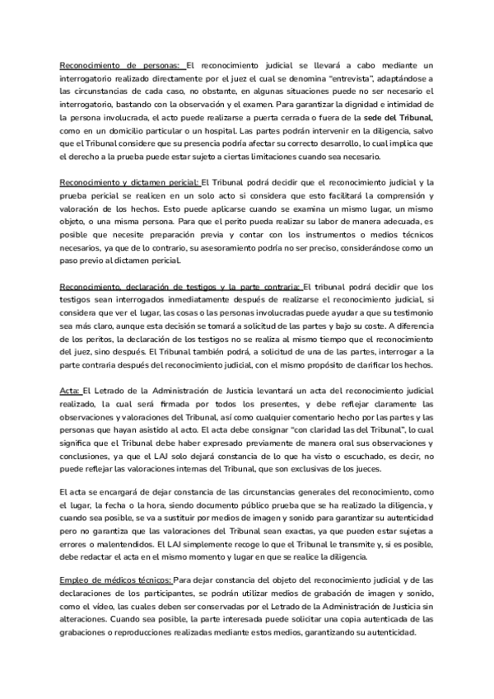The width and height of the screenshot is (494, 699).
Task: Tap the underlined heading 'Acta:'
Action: click(69, 391)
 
